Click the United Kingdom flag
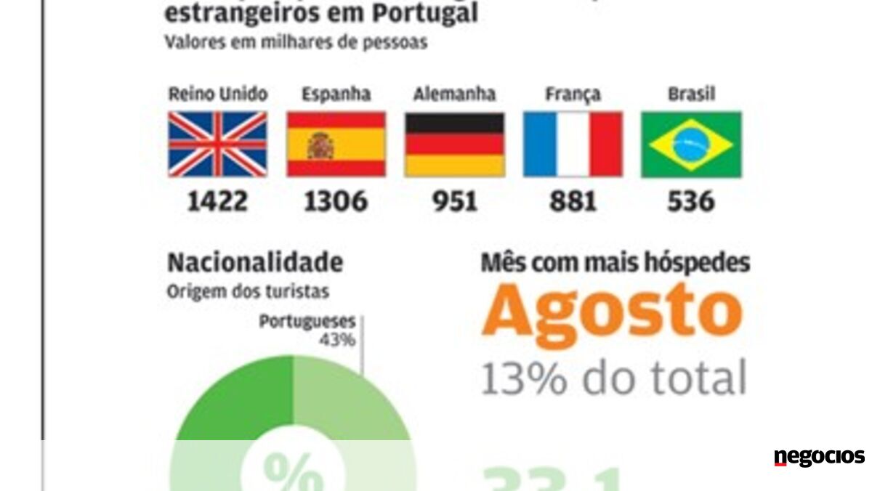pyautogui.click(x=218, y=144)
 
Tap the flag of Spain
pyautogui.click(x=336, y=144)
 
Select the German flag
pyautogui.click(x=454, y=144)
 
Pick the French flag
pyautogui.click(x=573, y=144)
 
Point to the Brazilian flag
pyautogui.click(x=691, y=144)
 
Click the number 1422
pyautogui.click(x=217, y=201)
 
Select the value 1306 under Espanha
pyautogui.click(x=336, y=201)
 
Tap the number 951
pyautogui.click(x=454, y=201)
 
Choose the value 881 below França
pyautogui.click(x=573, y=201)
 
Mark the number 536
pyautogui.click(x=691, y=201)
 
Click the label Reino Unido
pyautogui.click(x=218, y=94)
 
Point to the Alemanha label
pyautogui.click(x=454, y=94)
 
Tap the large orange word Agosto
pyautogui.click(x=612, y=311)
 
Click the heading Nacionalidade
pyautogui.click(x=254, y=263)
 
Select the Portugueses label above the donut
pyautogui.click(x=307, y=322)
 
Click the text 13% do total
pyautogui.click(x=613, y=378)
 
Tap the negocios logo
pyautogui.click(x=819, y=457)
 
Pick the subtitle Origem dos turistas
pyautogui.click(x=248, y=291)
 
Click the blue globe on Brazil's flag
pyautogui.click(x=691, y=144)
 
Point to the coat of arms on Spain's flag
pyautogui.click(x=320, y=146)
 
